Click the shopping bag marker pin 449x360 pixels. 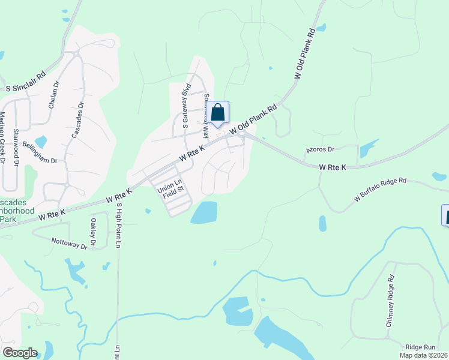tap(218, 113)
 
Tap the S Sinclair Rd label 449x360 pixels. tap(26, 82)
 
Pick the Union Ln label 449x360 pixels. tap(169, 183)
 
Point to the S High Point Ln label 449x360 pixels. tap(118, 226)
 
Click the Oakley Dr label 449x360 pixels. tap(93, 232)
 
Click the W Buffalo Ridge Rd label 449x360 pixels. tap(380, 189)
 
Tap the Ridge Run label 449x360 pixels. tap(420, 347)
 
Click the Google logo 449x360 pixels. tap(20, 353)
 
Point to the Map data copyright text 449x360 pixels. tap(424, 355)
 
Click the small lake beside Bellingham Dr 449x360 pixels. tap(40, 142)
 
